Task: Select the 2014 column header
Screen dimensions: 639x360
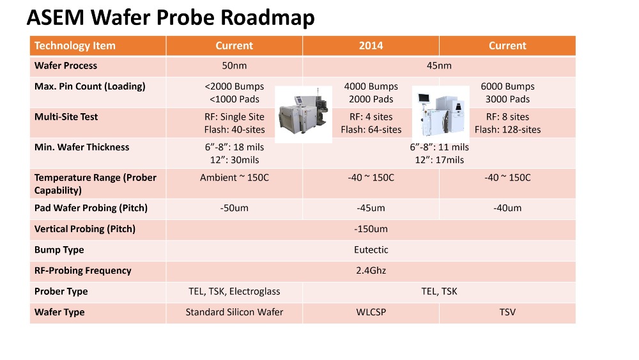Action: click(371, 45)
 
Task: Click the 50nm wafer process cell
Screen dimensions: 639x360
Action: click(235, 66)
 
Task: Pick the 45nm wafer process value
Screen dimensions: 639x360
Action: click(439, 66)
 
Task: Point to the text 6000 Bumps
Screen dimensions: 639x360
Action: click(507, 86)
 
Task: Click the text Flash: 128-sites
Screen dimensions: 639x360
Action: click(507, 130)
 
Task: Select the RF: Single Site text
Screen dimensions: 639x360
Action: click(235, 117)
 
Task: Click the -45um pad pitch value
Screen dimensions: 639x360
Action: click(371, 208)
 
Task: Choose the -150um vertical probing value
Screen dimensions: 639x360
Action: click(371, 229)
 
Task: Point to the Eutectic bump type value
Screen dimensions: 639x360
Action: click(371, 250)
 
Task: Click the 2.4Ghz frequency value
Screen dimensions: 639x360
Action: click(371, 270)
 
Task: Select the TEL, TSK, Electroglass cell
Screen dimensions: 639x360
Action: click(235, 292)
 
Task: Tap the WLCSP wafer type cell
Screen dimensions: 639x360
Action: click(371, 312)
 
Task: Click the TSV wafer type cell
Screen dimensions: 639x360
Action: click(507, 312)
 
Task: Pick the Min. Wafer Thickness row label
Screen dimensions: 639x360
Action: click(82, 147)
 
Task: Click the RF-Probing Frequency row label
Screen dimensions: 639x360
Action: click(82, 270)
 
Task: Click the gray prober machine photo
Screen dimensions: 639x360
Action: click(304, 114)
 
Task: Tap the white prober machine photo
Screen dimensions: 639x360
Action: click(440, 114)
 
